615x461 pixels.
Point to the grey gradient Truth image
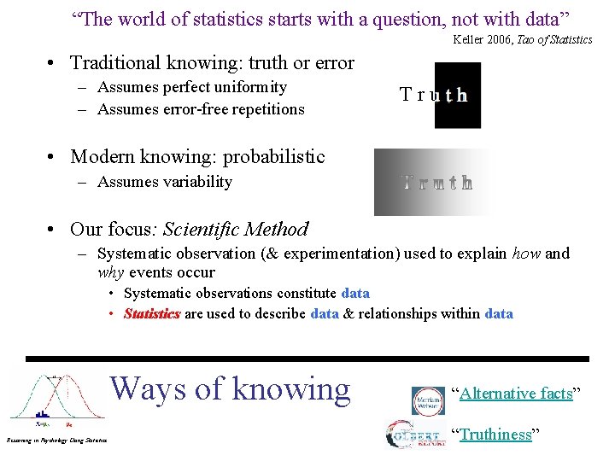coord(434,182)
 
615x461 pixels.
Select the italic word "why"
coord(110,272)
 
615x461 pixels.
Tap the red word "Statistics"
coord(152,313)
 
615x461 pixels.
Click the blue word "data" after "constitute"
coord(355,293)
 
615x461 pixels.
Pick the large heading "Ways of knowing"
coord(231,388)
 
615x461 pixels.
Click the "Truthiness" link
coord(496,435)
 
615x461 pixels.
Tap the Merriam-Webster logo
coord(428,400)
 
